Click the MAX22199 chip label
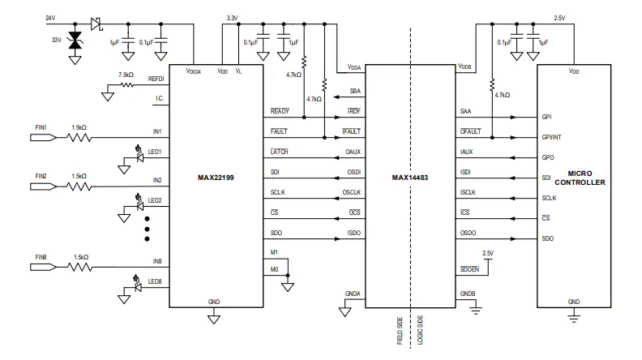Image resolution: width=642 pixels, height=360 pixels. tap(216, 178)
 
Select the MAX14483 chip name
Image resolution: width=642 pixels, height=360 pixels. tap(410, 178)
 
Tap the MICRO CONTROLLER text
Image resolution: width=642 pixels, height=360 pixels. tap(580, 178)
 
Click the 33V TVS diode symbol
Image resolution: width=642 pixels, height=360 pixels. tap(75, 41)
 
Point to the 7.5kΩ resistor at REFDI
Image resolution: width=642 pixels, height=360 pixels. tap(127, 85)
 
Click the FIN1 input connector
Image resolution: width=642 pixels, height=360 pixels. tap(44, 138)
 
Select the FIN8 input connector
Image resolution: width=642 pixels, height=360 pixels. tap(44, 268)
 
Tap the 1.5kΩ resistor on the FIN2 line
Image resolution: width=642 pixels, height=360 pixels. tap(79, 186)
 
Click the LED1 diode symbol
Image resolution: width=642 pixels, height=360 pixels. tap(139, 157)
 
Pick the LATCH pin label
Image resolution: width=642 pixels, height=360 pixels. tap(279, 152)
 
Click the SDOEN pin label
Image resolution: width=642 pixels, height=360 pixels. tap(469, 269)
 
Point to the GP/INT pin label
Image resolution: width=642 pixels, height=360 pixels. tap(551, 137)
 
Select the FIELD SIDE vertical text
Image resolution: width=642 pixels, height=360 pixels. tap(400, 331)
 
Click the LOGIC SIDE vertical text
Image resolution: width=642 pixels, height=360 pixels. tap(420, 330)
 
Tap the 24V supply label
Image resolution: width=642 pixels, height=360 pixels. tap(50, 18)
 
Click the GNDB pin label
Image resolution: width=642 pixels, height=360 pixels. tap(468, 294)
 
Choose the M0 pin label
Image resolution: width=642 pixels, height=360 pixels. tap(274, 269)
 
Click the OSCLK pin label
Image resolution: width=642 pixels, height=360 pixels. tap(352, 192)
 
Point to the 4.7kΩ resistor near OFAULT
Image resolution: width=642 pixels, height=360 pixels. tap(492, 85)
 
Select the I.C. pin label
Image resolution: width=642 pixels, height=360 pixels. tap(160, 98)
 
